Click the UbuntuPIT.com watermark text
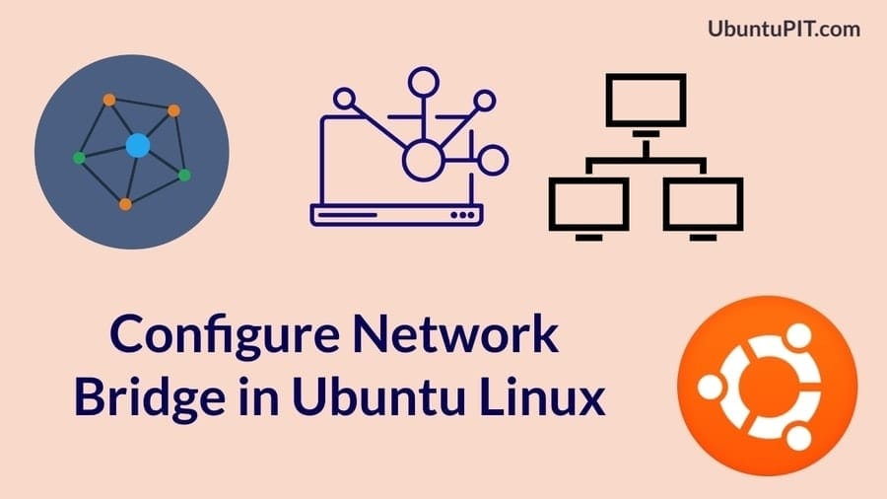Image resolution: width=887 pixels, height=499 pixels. (785, 29)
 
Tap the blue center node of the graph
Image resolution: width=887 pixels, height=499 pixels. (137, 146)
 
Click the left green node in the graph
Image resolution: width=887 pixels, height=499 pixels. (79, 158)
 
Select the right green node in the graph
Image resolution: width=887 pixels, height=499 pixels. (184, 175)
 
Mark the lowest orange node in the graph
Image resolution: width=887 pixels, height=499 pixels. (125, 204)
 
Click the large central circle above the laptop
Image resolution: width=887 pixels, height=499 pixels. (422, 159)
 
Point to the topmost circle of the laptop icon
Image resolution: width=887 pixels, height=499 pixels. (422, 80)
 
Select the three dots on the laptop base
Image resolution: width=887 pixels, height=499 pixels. (462, 214)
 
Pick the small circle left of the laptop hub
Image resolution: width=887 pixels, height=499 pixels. (344, 99)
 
